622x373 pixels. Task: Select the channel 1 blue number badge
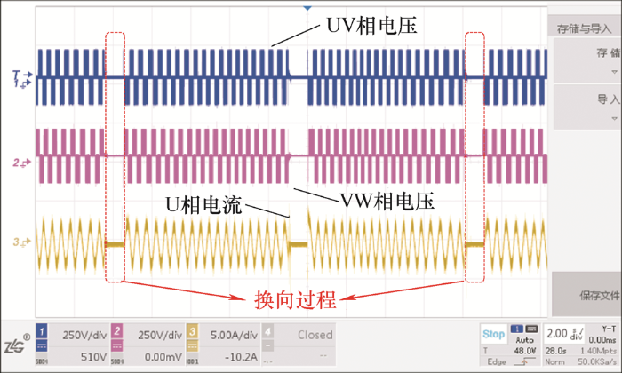pos(41,334)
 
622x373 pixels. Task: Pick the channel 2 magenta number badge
pos(118,334)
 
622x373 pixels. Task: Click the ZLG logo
pos(15,345)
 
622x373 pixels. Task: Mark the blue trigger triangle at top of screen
pos(307,7)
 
